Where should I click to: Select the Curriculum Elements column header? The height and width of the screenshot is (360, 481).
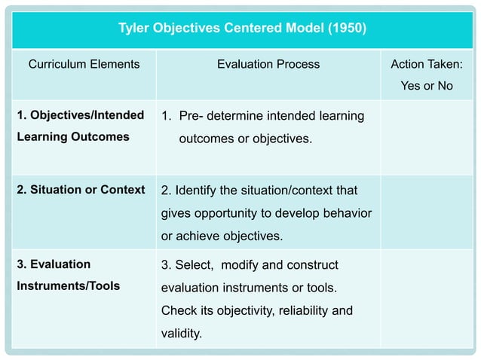(84, 65)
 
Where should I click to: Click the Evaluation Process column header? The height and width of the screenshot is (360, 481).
(268, 65)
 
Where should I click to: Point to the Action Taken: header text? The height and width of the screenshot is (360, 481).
(427, 65)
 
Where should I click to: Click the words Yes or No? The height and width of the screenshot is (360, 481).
(427, 86)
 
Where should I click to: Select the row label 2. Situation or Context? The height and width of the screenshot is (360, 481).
(81, 190)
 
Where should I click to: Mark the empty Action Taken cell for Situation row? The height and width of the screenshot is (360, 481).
(427, 213)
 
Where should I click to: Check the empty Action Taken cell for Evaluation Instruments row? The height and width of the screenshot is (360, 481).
(427, 298)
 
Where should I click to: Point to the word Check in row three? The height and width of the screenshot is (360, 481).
(178, 310)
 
